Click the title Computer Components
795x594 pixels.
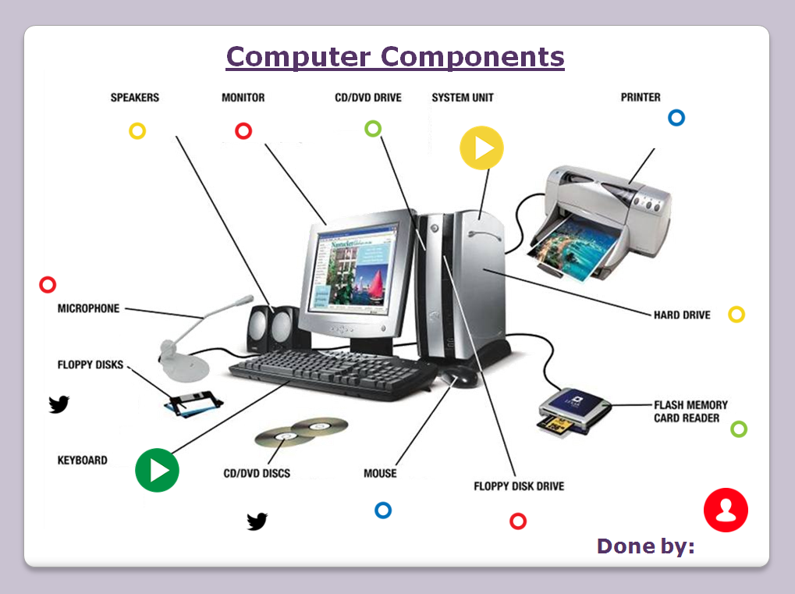pyautogui.click(x=395, y=57)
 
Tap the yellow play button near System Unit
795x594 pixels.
pyautogui.click(x=481, y=148)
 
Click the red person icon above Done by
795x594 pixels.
pyautogui.click(x=726, y=510)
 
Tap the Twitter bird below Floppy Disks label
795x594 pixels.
pyautogui.click(x=59, y=404)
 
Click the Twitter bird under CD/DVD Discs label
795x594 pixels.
pyautogui.click(x=257, y=521)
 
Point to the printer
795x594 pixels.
pyautogui.click(x=598, y=223)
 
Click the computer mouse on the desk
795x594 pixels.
pyautogui.click(x=459, y=376)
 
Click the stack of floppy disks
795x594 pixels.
pyautogui.click(x=193, y=404)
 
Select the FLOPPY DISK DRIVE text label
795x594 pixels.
pyautogui.click(x=519, y=486)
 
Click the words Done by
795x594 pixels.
pyautogui.click(x=645, y=546)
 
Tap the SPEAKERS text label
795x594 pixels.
pyautogui.click(x=135, y=98)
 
